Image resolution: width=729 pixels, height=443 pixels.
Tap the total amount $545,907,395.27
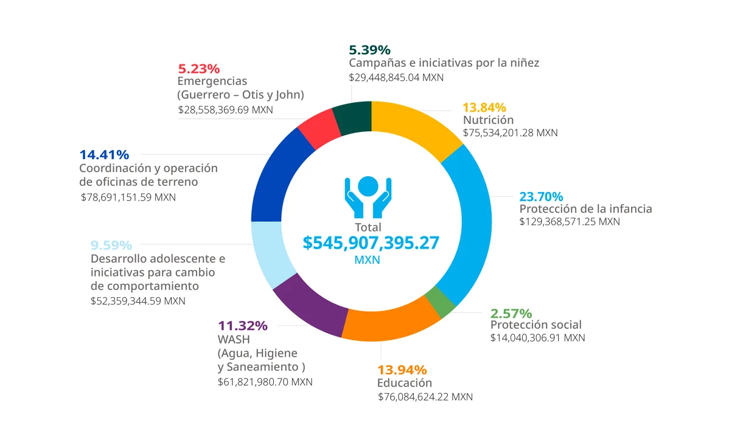click(371, 242)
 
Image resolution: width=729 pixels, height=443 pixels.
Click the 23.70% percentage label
click(541, 196)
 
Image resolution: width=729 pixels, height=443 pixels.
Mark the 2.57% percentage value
click(511, 314)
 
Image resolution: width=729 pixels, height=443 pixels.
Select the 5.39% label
click(369, 50)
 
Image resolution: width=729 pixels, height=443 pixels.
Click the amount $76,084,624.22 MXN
click(425, 397)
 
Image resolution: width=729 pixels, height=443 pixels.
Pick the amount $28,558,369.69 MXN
click(226, 110)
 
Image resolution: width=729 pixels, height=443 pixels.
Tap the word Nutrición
click(488, 120)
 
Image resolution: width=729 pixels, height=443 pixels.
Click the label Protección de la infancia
click(585, 208)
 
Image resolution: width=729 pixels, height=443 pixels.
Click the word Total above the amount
click(368, 227)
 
